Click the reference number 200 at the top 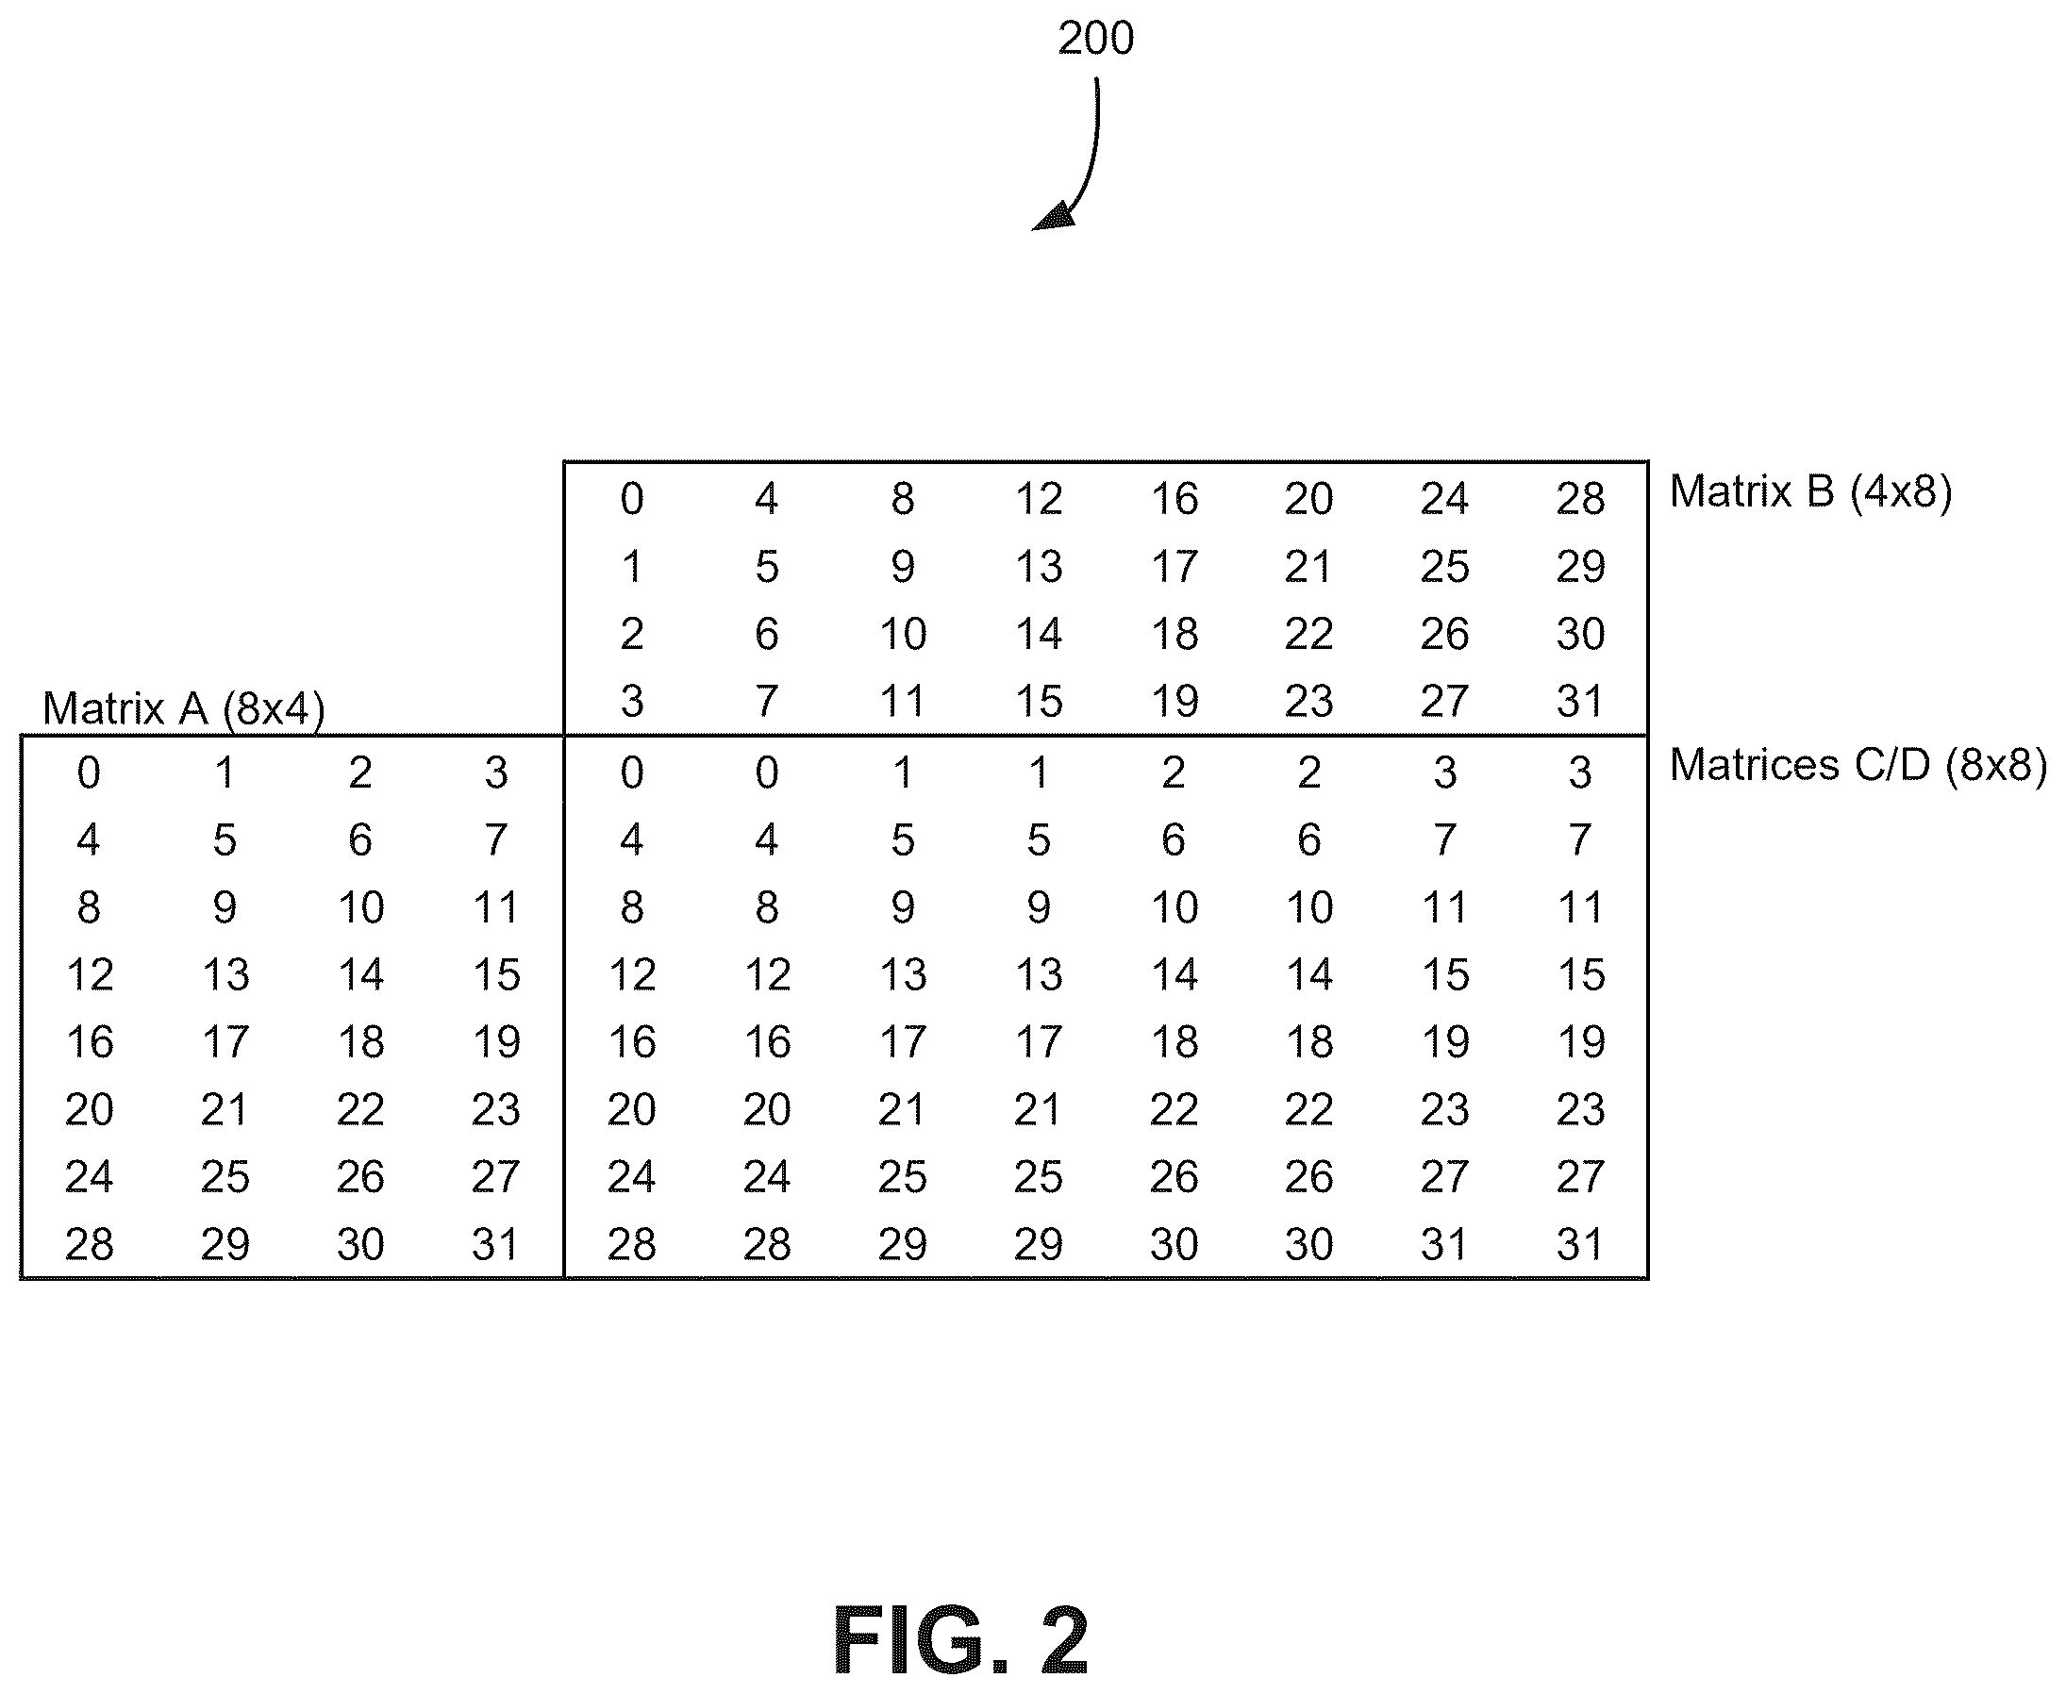coord(1095,38)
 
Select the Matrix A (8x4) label coord(183,708)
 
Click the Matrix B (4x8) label coord(1810,490)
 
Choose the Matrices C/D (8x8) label coord(1858,765)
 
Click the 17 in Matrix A coord(225,1042)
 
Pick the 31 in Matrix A coord(496,1244)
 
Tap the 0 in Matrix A coord(89,772)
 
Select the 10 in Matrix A coord(361,907)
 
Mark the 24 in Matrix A coord(89,1177)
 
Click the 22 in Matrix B coord(1308,634)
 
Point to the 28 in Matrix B coord(1580,500)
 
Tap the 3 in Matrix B coord(632,702)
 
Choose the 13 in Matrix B coord(1039,567)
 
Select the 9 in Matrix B coord(903,567)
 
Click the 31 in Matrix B coord(1580,702)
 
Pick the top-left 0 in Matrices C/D coord(632,772)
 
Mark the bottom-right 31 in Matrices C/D coord(1580,1244)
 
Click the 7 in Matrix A coord(496,840)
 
